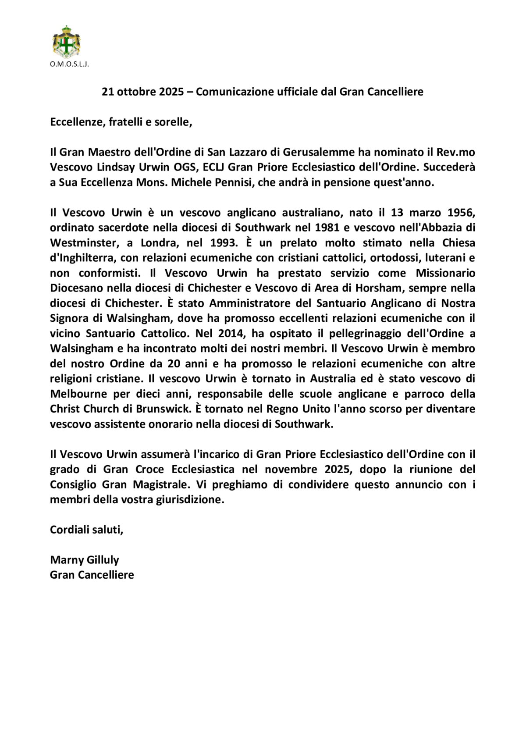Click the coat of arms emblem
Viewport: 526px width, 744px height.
point(66,42)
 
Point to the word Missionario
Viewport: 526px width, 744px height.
point(445,273)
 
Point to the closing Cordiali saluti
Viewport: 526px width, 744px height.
point(86,530)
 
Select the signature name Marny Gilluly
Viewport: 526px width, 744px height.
point(84,560)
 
